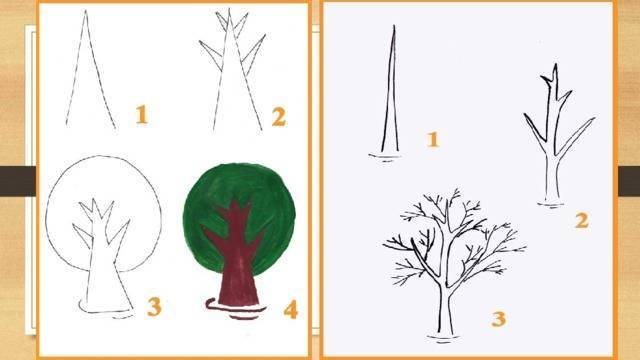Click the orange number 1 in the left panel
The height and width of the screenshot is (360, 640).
(x=141, y=114)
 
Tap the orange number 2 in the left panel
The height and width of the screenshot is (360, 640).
(x=279, y=116)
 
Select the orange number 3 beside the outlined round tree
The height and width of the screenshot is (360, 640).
(x=154, y=307)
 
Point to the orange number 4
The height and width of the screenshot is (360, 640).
(x=291, y=309)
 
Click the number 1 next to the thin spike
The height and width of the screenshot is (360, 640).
(x=433, y=139)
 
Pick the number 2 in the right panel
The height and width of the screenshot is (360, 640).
(x=582, y=221)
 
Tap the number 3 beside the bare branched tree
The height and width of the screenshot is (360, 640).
(x=499, y=319)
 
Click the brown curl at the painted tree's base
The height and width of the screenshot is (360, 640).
(x=211, y=304)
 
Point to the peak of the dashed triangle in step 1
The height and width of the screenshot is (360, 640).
(x=86, y=11)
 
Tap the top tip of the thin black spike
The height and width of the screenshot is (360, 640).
(x=394, y=26)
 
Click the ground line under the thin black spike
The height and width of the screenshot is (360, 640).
(x=386, y=156)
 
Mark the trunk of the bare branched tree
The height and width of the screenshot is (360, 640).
(x=445, y=302)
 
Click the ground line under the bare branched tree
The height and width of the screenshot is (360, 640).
(x=444, y=338)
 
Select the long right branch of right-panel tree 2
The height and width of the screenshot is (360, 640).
(x=575, y=136)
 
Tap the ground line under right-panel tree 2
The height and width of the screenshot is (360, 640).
(x=552, y=204)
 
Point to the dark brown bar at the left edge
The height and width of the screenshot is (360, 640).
(x=18, y=181)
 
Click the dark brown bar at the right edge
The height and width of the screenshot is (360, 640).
(x=629, y=181)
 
